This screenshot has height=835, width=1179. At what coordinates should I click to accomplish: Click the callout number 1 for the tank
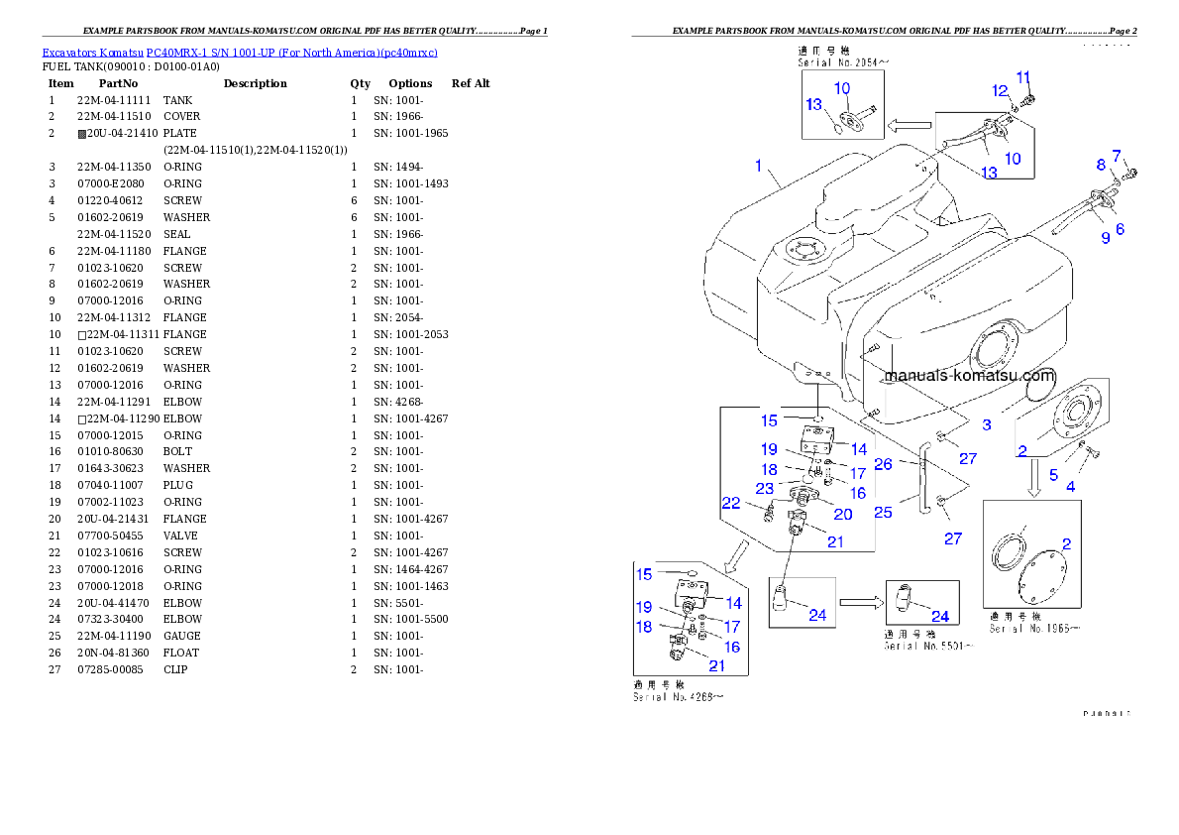coord(759,166)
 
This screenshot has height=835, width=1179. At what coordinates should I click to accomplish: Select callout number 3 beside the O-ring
coord(987,424)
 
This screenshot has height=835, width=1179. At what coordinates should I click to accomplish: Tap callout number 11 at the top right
coord(1023,77)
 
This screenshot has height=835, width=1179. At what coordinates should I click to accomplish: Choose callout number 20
coord(843,514)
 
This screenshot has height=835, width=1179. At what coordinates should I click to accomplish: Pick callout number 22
coord(731,504)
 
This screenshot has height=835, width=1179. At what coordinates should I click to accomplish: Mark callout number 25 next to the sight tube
coord(883,512)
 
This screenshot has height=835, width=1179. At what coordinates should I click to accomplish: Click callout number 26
coord(883,463)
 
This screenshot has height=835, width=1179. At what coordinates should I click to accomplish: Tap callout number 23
coord(764,488)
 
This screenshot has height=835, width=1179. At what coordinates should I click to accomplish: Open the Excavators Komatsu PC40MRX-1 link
coord(240,52)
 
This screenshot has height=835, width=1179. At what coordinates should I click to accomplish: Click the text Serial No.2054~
coord(844,61)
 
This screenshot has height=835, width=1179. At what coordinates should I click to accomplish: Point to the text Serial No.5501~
coord(928,646)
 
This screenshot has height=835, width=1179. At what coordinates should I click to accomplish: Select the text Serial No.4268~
coord(678,697)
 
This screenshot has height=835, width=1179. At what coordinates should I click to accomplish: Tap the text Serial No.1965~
coord(1033,628)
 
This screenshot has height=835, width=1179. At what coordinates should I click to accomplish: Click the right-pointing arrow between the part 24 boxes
coord(859,601)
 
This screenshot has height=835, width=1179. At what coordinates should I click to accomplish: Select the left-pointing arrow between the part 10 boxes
coord(910,126)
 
